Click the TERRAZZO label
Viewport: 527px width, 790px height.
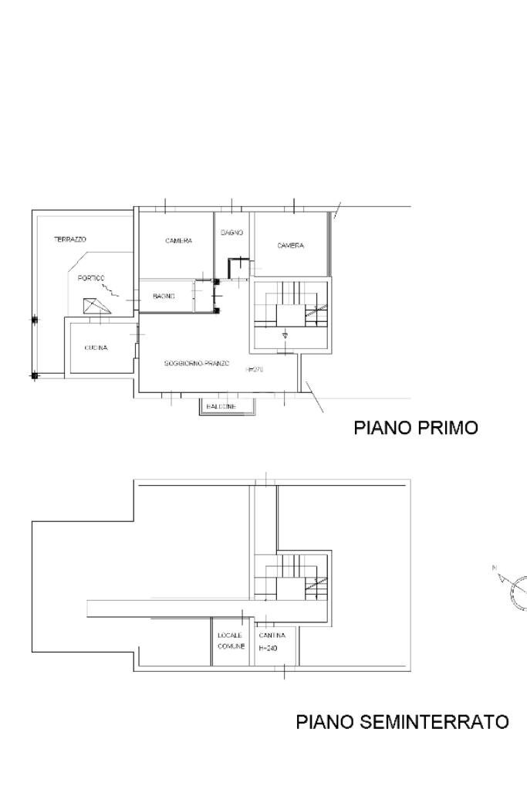70,239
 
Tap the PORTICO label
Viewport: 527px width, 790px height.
91,278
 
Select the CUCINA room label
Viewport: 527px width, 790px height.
96,348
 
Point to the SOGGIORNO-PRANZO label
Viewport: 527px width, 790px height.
197,363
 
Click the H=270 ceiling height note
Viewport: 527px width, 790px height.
255,370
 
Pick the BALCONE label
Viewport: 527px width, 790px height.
221,406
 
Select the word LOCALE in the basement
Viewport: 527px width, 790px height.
230,636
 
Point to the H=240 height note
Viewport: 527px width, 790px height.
268,648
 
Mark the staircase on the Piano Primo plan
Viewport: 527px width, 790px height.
292,305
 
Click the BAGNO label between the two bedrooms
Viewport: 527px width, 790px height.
232,232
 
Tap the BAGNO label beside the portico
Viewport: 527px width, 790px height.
164,297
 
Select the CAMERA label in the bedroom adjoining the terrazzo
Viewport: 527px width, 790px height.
178,241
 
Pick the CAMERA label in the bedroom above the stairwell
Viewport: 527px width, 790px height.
291,246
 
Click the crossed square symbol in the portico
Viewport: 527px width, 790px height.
96,305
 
